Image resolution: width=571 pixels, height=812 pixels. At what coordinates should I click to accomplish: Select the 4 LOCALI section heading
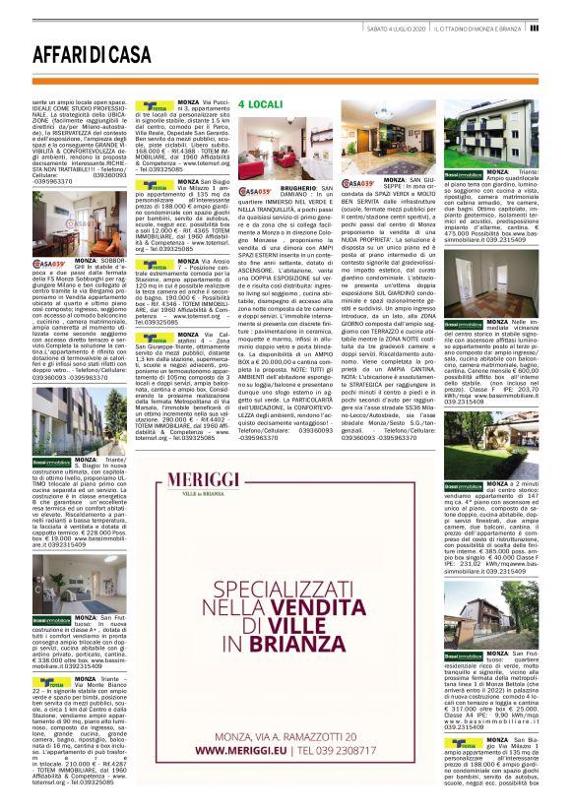260,102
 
